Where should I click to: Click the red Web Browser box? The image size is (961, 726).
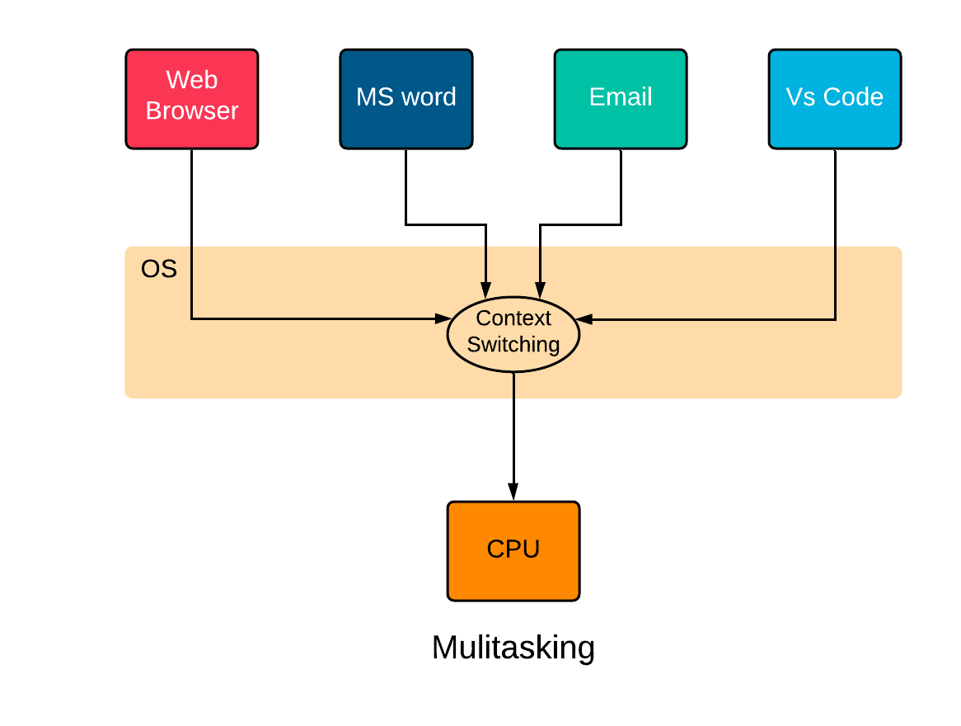click(x=192, y=99)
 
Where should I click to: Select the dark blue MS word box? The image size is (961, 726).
click(x=406, y=99)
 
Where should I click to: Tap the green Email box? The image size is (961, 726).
click(x=621, y=99)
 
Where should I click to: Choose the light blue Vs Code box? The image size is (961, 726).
click(x=835, y=99)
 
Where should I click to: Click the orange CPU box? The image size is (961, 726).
click(x=513, y=551)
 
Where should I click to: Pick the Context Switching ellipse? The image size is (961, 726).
click(x=513, y=332)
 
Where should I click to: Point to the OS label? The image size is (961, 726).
click(x=159, y=269)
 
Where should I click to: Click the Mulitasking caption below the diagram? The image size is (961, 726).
click(x=513, y=648)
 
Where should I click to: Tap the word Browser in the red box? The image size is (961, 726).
click(x=192, y=111)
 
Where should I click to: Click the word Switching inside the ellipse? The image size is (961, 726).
click(x=513, y=345)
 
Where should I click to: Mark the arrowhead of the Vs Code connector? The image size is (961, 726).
click(x=584, y=318)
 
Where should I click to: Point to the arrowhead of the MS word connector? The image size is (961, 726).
click(x=486, y=291)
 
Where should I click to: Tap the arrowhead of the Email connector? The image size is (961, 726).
click(x=540, y=291)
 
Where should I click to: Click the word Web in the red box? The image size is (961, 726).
click(x=192, y=80)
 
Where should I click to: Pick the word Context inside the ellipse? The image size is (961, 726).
click(x=513, y=318)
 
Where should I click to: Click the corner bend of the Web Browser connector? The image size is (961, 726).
click(x=192, y=318)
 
